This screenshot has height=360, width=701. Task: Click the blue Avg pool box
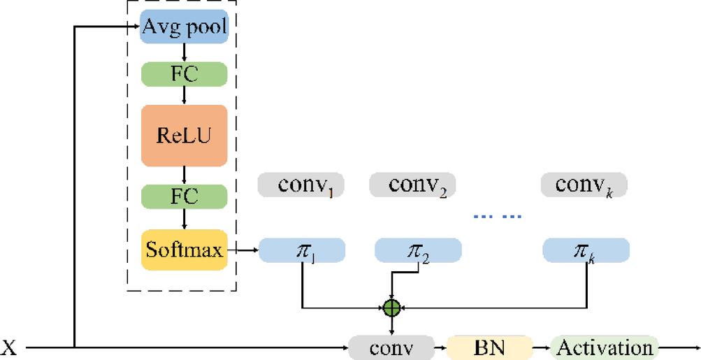coord(185,28)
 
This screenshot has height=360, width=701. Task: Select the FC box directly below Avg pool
coord(185,73)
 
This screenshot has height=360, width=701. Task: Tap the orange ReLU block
coord(185,135)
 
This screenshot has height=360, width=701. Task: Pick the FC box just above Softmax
coord(185,196)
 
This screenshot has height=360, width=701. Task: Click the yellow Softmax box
coord(185,250)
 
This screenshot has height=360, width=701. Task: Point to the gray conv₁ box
coord(301,185)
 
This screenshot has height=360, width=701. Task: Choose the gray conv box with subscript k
coord(584,185)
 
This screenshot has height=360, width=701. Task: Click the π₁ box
coord(302,250)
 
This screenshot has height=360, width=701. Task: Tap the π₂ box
coord(418,250)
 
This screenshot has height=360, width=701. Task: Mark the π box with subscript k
coord(586,250)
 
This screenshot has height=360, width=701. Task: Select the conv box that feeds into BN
coord(391,347)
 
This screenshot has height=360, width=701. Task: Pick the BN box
coord(489,347)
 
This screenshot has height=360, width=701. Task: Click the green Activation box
coord(605,347)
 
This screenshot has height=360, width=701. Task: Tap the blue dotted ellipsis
coord(498,217)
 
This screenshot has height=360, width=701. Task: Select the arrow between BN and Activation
coord(541,347)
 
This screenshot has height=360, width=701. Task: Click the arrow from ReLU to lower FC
coord(185,175)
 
